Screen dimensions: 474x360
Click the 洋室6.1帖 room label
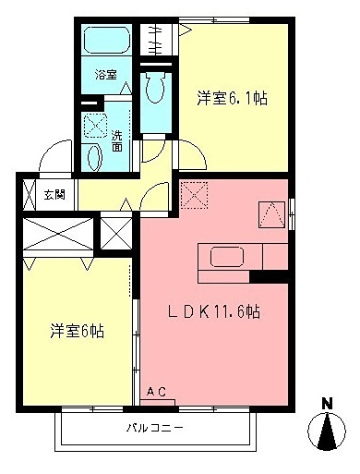tap(232, 98)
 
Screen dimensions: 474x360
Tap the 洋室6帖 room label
tap(76, 330)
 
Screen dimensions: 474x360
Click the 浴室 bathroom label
tap(104, 75)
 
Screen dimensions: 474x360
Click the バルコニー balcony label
tap(154, 430)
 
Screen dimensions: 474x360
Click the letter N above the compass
tap(327, 403)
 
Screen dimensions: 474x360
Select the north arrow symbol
tap(328, 432)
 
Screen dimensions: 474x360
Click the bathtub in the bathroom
tap(105, 42)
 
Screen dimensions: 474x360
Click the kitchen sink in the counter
tap(226, 257)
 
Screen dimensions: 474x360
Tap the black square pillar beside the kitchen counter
tap(270, 275)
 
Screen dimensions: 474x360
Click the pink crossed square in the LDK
tap(194, 194)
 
